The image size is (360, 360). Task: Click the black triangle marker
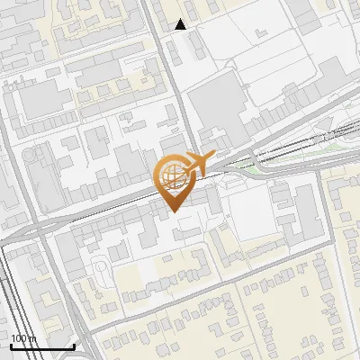pos(181,24)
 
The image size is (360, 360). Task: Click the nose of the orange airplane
pos(216,155)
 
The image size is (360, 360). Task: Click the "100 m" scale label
pos(22,338)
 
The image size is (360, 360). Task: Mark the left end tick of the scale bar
pos(11,346)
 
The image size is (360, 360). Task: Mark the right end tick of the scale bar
pos(74,346)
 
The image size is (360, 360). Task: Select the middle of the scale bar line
pos(42,346)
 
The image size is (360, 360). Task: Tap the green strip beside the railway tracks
pos(261,165)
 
